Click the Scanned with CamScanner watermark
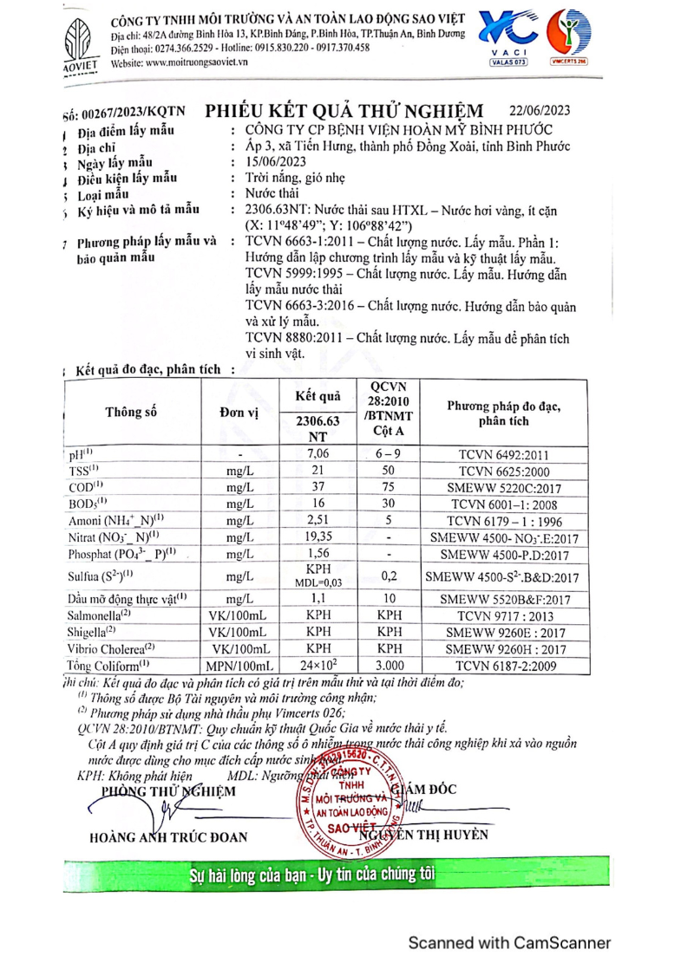coord(510,943)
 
